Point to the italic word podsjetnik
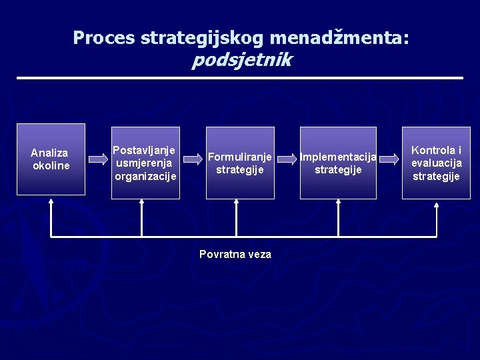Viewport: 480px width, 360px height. (x=241, y=61)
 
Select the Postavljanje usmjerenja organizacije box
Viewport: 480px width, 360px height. (x=146, y=163)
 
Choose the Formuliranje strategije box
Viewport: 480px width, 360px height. (x=240, y=163)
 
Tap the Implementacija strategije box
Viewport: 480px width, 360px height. (x=338, y=163)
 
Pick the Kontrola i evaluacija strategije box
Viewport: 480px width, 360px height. (x=436, y=163)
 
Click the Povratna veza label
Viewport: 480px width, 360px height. (x=235, y=254)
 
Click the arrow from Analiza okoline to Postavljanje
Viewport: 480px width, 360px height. (x=98, y=159)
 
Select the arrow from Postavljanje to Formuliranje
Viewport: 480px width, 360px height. (x=193, y=159)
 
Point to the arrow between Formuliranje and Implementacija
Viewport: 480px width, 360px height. (x=287, y=159)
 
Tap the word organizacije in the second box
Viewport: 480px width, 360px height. (x=145, y=177)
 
